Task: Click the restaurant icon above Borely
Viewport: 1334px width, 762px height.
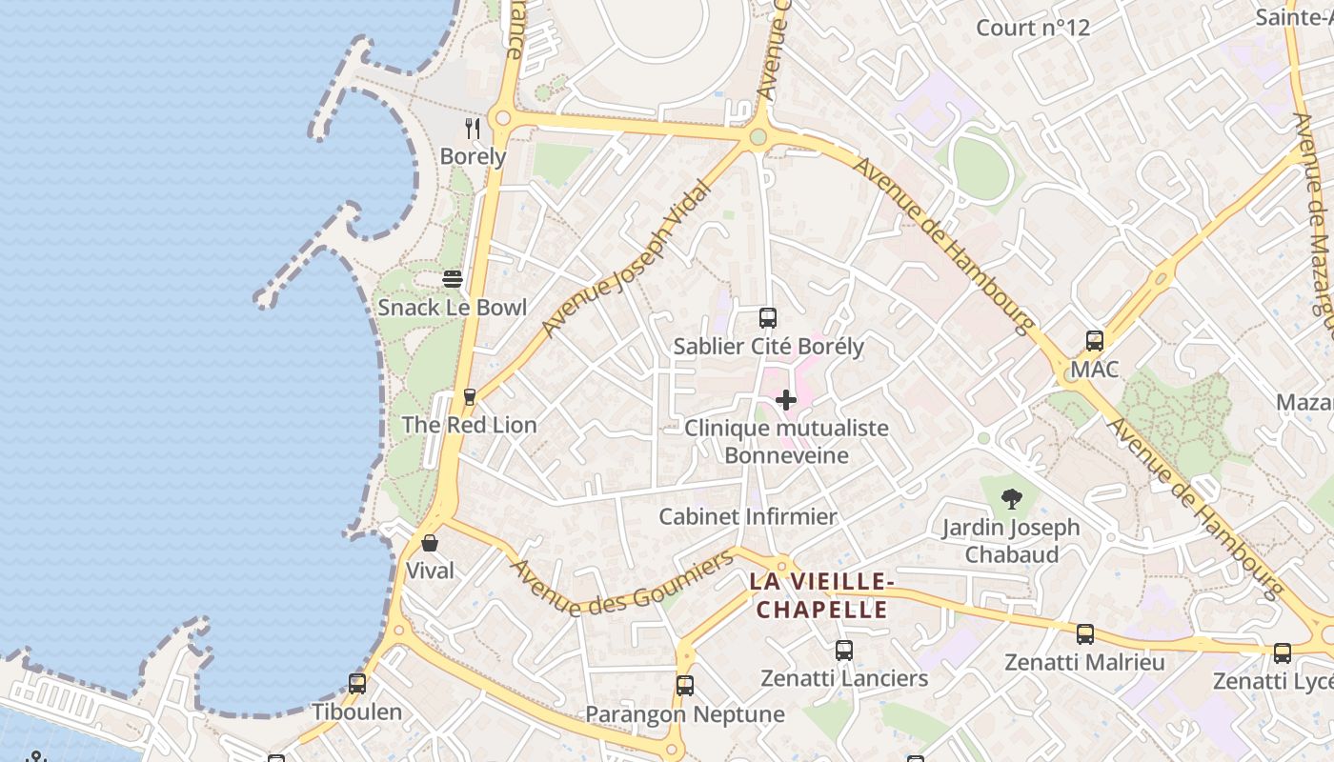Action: [473, 128]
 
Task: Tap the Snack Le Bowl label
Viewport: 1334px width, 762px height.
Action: [452, 308]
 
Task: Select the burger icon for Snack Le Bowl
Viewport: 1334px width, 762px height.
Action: [453, 279]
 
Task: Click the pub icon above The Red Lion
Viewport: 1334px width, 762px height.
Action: [469, 396]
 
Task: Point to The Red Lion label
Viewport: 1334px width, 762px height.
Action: [469, 425]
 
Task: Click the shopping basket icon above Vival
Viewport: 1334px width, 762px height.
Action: [430, 543]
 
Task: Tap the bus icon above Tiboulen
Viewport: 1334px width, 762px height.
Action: [357, 683]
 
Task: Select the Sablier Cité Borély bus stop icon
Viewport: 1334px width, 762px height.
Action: [768, 318]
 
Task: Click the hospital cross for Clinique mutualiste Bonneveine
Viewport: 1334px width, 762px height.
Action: [786, 400]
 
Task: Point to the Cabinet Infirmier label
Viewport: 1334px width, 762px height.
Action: [748, 517]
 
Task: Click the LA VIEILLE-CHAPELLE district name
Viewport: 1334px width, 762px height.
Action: [821, 595]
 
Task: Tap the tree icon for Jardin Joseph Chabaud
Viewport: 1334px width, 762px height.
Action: [1011, 498]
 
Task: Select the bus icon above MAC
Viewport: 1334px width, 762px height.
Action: [1095, 341]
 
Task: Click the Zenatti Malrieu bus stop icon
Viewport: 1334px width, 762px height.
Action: [1085, 634]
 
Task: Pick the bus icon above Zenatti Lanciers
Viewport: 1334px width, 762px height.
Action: [844, 651]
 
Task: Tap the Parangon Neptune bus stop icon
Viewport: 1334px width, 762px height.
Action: [685, 686]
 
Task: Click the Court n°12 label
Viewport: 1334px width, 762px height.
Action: [1033, 28]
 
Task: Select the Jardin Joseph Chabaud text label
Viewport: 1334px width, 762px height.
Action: [1011, 540]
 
